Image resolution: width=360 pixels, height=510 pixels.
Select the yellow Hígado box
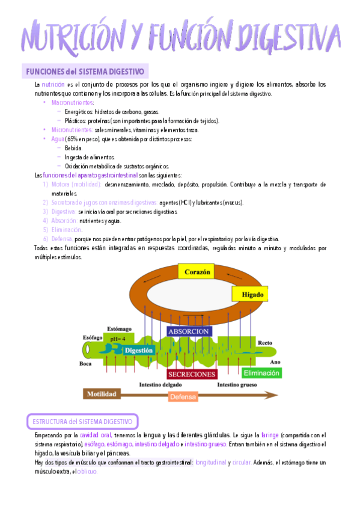coord(249,294)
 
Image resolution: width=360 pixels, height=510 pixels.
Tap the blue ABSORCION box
coord(189,331)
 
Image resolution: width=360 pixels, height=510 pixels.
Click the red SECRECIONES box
coord(191,373)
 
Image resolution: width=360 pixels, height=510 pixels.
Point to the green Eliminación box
coord(261,373)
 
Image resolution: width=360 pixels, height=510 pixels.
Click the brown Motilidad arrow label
coord(102,394)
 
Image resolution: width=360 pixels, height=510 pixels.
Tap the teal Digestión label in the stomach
coord(140,349)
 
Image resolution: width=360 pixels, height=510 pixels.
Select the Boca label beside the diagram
coord(85,363)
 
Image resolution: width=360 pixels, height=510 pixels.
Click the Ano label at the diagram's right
coord(276,362)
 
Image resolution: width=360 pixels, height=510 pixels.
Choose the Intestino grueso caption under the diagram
coord(237,384)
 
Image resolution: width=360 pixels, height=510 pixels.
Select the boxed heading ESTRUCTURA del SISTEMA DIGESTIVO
coord(83,421)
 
